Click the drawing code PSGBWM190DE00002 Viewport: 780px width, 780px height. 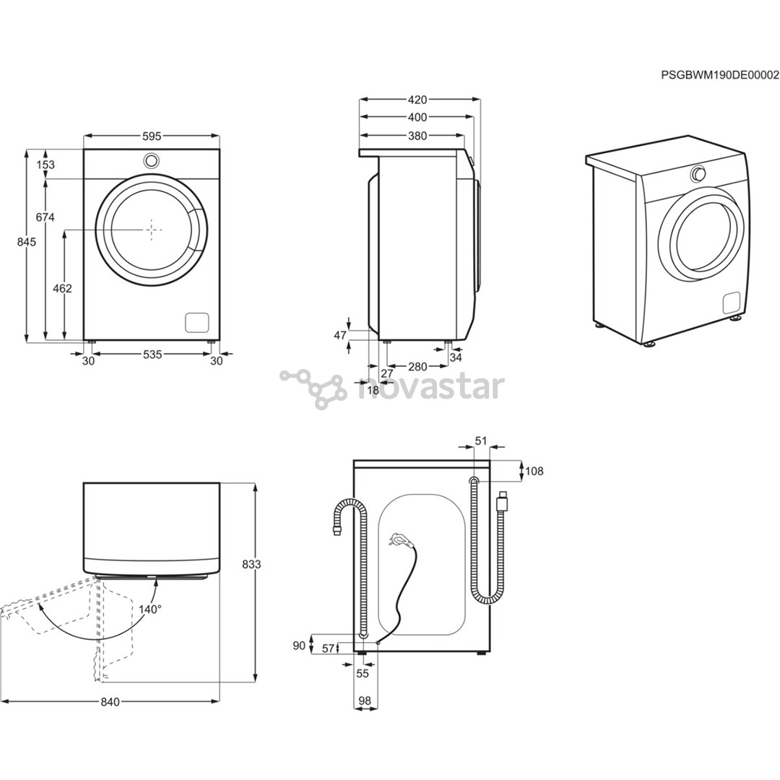720,74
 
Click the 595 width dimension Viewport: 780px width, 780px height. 151,136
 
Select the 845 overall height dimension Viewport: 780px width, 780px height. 26,243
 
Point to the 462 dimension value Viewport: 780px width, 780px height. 63,288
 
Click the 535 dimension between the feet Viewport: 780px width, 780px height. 152,354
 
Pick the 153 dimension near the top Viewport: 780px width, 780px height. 45,165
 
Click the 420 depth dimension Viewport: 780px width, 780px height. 417,100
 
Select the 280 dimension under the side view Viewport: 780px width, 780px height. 417,366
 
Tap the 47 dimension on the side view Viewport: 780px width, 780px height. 339,335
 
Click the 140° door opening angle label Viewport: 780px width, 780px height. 150,609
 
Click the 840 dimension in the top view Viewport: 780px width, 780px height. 110,701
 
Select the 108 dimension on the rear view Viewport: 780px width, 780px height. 534,472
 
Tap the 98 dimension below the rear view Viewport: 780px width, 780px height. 364,701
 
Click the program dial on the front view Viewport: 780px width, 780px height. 152,160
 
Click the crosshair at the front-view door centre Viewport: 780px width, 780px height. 152,230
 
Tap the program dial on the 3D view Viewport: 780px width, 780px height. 698,173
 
